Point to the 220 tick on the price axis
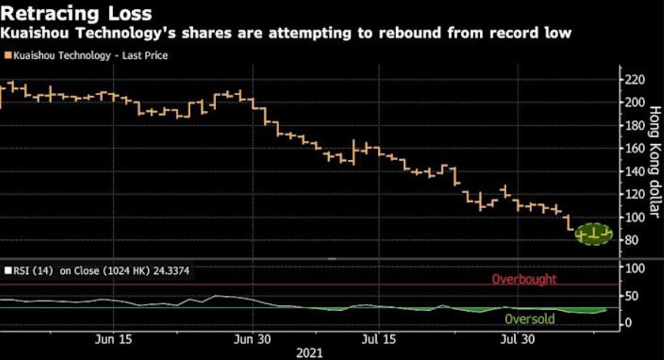coord(635,80)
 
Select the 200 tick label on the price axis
coord(635,103)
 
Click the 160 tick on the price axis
coord(635,149)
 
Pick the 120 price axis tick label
coord(635,194)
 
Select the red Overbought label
coord(524,279)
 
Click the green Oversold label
coord(529,318)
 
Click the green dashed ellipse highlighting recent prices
coord(593,234)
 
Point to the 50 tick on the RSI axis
coord(633,295)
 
